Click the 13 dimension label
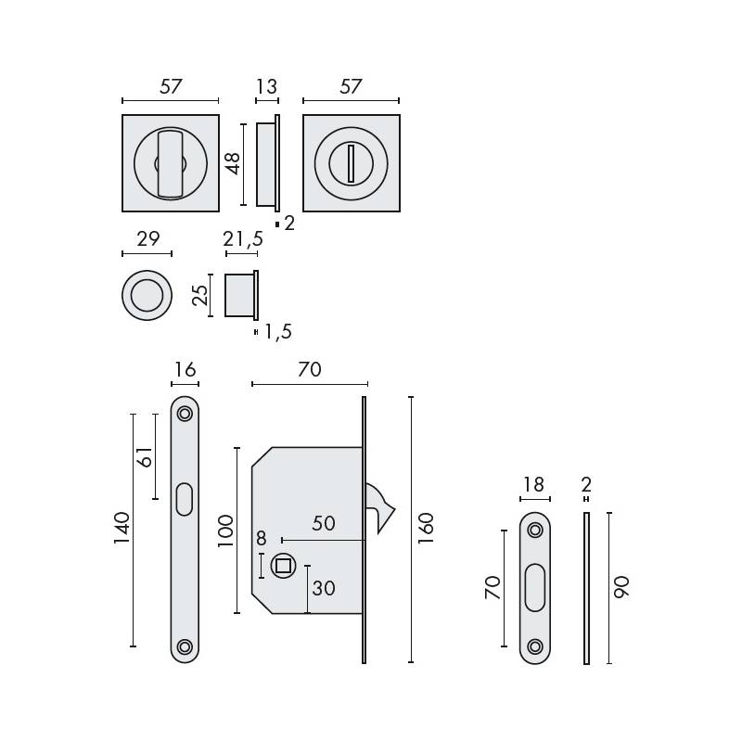(x=266, y=87)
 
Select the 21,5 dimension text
(x=243, y=239)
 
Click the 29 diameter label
(x=147, y=239)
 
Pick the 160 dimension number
(x=426, y=529)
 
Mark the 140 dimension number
(x=122, y=529)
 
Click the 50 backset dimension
(x=323, y=523)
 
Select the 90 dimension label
(x=621, y=587)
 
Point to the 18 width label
(x=534, y=485)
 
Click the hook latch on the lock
(x=381, y=508)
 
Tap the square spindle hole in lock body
(x=281, y=565)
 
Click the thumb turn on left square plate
(x=169, y=164)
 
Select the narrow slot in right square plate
(x=351, y=164)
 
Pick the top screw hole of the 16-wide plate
(x=185, y=413)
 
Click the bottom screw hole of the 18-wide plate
(x=534, y=646)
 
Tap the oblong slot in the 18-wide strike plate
(x=534, y=588)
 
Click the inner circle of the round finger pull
(x=147, y=297)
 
